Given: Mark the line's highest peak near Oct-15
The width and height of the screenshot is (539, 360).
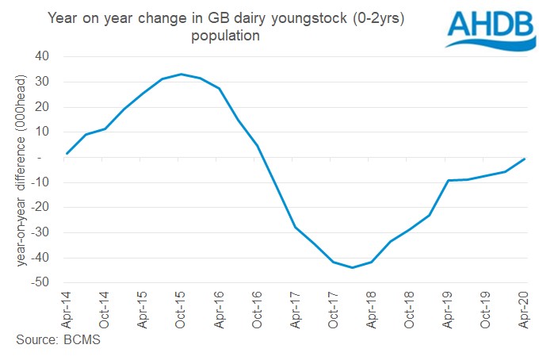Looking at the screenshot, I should [182, 74].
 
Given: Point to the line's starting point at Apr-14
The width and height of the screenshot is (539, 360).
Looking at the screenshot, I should [67, 154].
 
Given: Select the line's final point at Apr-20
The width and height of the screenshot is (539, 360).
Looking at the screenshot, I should [524, 159].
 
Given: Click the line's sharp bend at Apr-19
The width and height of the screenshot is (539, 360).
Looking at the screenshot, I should [448, 181].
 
